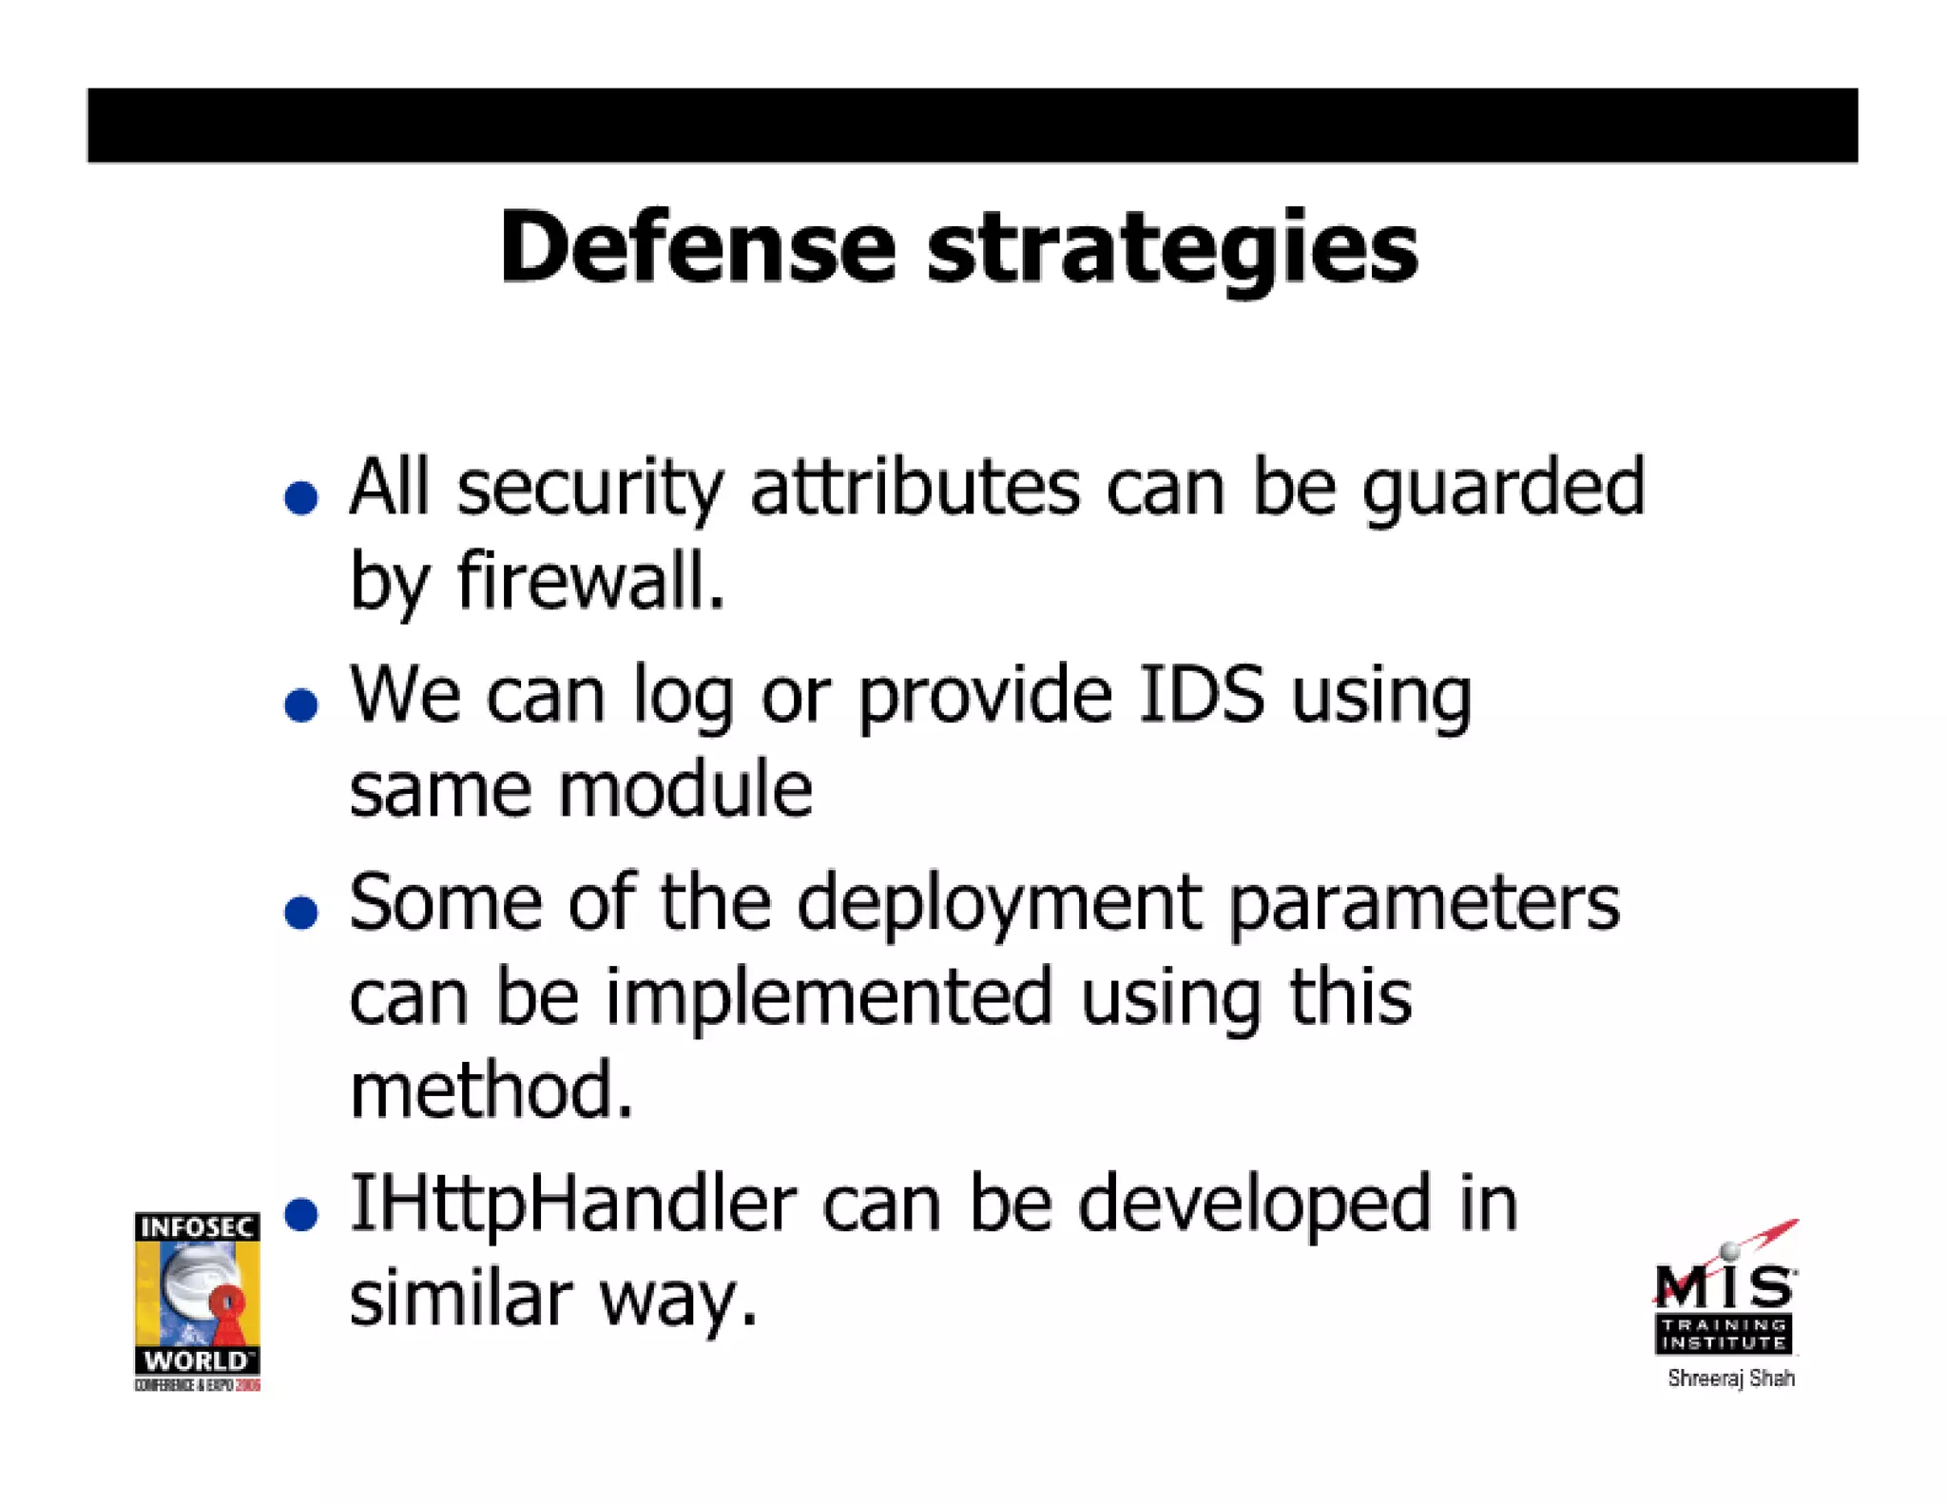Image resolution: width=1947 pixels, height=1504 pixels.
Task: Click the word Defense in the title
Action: pyautogui.click(x=697, y=247)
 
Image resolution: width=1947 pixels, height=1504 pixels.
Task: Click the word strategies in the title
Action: pyautogui.click(x=1172, y=249)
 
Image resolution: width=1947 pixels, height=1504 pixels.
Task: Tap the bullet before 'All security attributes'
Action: pyautogui.click(x=301, y=497)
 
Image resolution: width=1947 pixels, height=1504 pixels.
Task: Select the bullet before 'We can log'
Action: pyautogui.click(x=301, y=704)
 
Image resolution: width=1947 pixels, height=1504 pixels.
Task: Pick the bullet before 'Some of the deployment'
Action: pyautogui.click(x=301, y=912)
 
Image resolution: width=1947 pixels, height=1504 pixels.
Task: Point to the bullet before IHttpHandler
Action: pyautogui.click(x=301, y=1214)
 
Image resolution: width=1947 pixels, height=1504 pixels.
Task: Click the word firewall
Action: pyautogui.click(x=590, y=580)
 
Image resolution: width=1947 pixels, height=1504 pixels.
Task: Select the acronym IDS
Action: pyautogui.click(x=1202, y=694)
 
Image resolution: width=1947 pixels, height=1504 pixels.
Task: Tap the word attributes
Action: pyautogui.click(x=915, y=488)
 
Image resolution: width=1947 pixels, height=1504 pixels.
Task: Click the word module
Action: pyautogui.click(x=684, y=789)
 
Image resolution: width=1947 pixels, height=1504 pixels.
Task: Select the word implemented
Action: pyautogui.click(x=829, y=998)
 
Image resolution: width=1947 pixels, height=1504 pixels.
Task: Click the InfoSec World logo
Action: pyautogui.click(x=197, y=1301)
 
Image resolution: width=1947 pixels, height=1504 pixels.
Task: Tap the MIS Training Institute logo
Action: pyautogui.click(x=1725, y=1298)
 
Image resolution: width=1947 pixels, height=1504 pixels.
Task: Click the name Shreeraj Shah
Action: pyautogui.click(x=1730, y=1379)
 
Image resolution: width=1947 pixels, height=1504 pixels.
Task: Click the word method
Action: pyautogui.click(x=491, y=1090)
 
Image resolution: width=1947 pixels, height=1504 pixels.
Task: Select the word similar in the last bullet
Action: pyautogui.click(x=461, y=1300)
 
